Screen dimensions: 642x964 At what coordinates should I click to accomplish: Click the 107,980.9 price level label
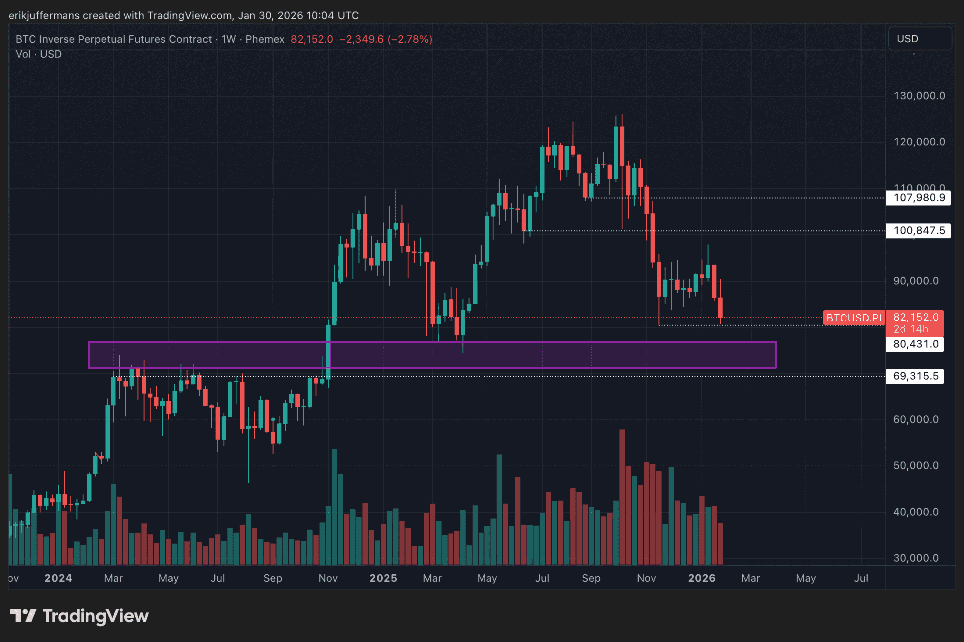click(918, 198)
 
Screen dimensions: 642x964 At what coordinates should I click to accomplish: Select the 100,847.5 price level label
click(918, 231)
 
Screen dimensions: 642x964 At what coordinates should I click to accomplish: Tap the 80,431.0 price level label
click(915, 344)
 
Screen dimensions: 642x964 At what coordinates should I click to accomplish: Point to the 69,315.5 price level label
click(915, 376)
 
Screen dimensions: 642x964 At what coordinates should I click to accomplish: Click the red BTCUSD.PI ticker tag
click(854, 318)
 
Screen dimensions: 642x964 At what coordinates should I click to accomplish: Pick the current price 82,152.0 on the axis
click(915, 318)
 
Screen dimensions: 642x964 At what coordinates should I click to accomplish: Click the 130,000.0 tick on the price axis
click(919, 96)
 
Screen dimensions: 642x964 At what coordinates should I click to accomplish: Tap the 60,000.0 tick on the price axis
click(915, 419)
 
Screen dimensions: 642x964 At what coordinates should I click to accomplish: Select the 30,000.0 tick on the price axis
click(915, 558)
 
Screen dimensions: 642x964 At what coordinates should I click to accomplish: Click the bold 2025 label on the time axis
click(383, 578)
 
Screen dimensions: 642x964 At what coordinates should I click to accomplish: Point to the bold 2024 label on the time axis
click(58, 578)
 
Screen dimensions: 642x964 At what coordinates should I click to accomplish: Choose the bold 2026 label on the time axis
click(702, 578)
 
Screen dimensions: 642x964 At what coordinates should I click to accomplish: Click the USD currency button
click(907, 39)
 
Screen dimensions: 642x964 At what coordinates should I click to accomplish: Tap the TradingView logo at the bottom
click(80, 616)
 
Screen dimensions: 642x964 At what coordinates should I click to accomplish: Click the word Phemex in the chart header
click(265, 39)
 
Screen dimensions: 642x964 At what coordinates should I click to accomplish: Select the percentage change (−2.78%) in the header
click(410, 39)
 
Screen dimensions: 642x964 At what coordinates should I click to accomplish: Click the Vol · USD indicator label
click(39, 54)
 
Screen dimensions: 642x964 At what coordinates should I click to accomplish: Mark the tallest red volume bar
click(622, 497)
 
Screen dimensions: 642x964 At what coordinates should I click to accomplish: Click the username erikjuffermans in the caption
click(44, 16)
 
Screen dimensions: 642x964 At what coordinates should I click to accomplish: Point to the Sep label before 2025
click(273, 578)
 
